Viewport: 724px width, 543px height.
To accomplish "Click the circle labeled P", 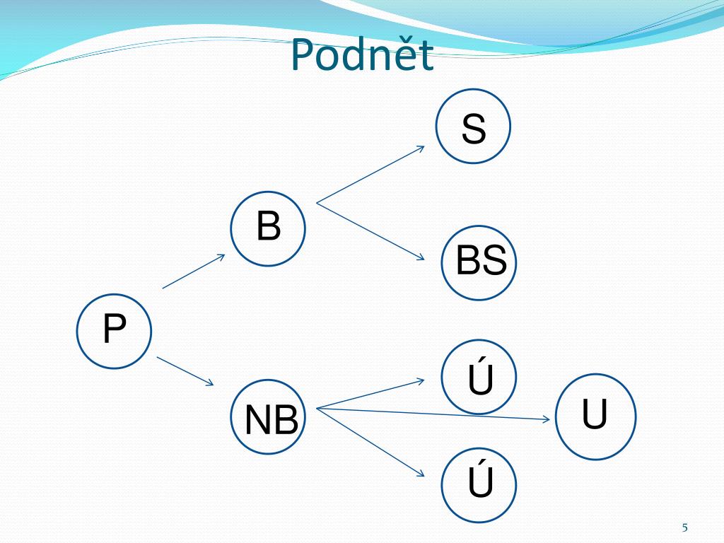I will (114, 331).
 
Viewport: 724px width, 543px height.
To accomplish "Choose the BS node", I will (479, 262).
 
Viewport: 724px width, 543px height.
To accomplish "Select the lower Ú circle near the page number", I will (479, 485).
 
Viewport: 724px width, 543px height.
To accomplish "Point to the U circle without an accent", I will (595, 416).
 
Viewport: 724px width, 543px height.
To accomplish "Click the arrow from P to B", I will (193, 271).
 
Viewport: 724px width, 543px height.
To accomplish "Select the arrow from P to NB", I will (185, 371).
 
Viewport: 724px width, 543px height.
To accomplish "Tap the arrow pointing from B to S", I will (370, 175).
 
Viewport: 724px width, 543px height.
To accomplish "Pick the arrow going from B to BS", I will (370, 231).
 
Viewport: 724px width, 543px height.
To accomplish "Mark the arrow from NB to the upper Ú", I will (370, 395).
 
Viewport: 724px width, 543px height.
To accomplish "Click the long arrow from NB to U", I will (433, 414).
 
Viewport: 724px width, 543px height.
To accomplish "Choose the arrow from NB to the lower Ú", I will (370, 440).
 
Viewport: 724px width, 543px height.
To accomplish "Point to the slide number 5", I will (684, 527).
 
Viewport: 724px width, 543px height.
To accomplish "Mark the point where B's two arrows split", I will (317, 204).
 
